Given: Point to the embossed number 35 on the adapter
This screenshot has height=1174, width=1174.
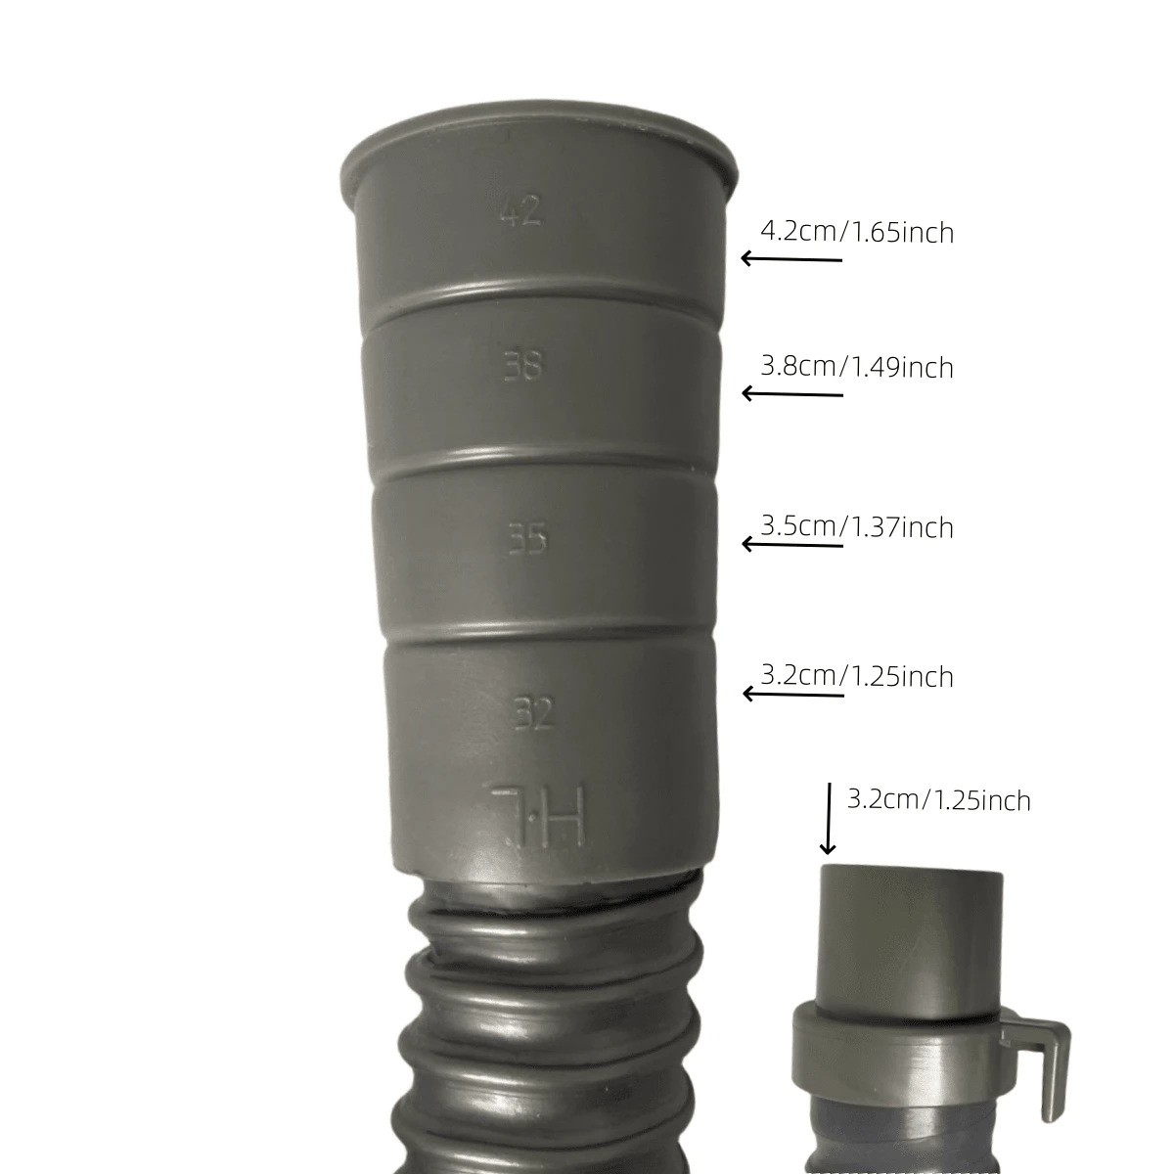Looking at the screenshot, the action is [x=527, y=539].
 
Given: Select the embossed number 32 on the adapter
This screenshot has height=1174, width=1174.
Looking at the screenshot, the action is [x=534, y=713].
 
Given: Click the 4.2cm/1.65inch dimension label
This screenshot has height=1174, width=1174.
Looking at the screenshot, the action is [x=857, y=233].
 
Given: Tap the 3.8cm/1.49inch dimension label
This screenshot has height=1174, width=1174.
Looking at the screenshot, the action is [x=857, y=368].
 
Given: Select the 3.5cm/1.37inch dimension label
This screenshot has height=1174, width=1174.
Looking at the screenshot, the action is [x=857, y=527].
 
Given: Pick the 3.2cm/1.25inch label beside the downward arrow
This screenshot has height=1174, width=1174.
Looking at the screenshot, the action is [x=939, y=800].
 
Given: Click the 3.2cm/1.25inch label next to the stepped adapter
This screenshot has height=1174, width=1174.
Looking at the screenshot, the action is [x=857, y=677].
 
